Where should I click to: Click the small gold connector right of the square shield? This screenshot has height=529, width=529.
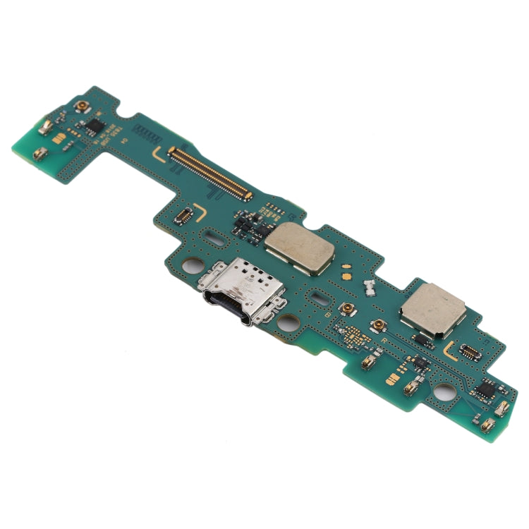click(469, 348)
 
